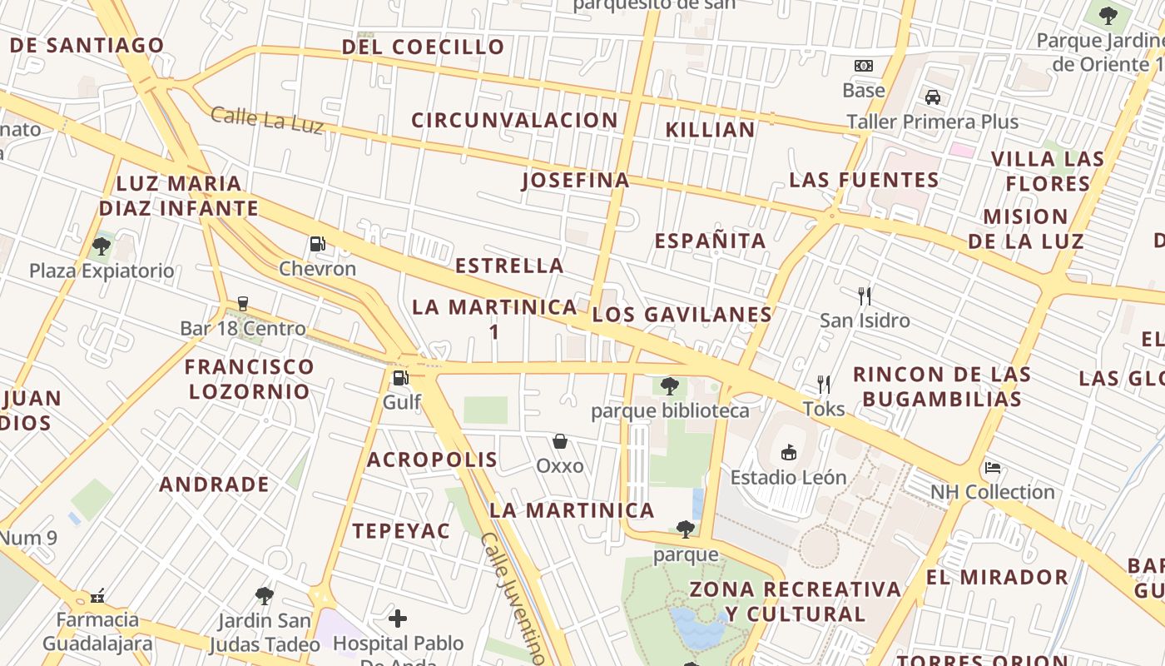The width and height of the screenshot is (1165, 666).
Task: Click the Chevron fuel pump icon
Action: [x=317, y=244]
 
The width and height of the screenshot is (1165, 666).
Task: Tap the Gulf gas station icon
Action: [x=400, y=378]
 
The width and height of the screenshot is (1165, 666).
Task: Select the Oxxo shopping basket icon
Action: [x=560, y=441]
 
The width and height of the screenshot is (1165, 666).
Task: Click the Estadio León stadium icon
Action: [x=788, y=453]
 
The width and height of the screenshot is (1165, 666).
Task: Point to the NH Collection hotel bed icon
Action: [x=992, y=467]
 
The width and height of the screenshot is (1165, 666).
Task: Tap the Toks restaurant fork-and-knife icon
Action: [x=824, y=384]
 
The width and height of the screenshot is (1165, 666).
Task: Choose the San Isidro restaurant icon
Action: [x=865, y=296]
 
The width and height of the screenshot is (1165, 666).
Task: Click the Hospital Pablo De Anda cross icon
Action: [x=398, y=619]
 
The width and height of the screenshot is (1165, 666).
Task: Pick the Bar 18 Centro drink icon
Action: [x=243, y=304]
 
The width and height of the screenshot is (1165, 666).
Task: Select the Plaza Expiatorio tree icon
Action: [x=102, y=246]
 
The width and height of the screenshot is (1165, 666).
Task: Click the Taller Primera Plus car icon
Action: [x=933, y=97]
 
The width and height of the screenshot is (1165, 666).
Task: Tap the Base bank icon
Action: [x=864, y=66]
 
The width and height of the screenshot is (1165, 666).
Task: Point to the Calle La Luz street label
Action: [x=266, y=120]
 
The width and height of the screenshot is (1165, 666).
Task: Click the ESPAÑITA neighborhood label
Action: [x=710, y=241]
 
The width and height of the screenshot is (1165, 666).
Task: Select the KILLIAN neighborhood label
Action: [x=710, y=130]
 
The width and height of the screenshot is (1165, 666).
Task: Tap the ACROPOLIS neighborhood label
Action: [x=432, y=460]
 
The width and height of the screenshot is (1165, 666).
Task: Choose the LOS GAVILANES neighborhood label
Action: [x=682, y=315]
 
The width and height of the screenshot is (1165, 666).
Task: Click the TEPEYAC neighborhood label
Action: [x=400, y=531]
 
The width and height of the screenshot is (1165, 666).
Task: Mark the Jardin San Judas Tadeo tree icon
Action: [x=265, y=596]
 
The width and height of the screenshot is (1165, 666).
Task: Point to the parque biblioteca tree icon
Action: [x=670, y=386]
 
